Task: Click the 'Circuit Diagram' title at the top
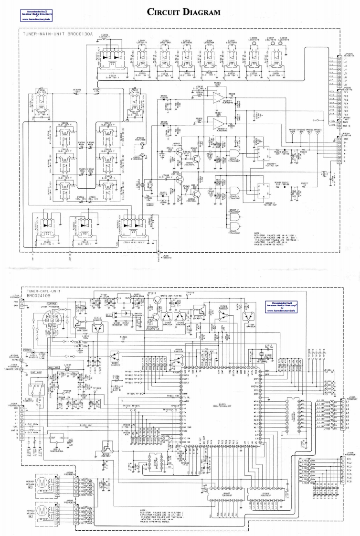180,11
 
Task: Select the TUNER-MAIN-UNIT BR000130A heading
53,35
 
